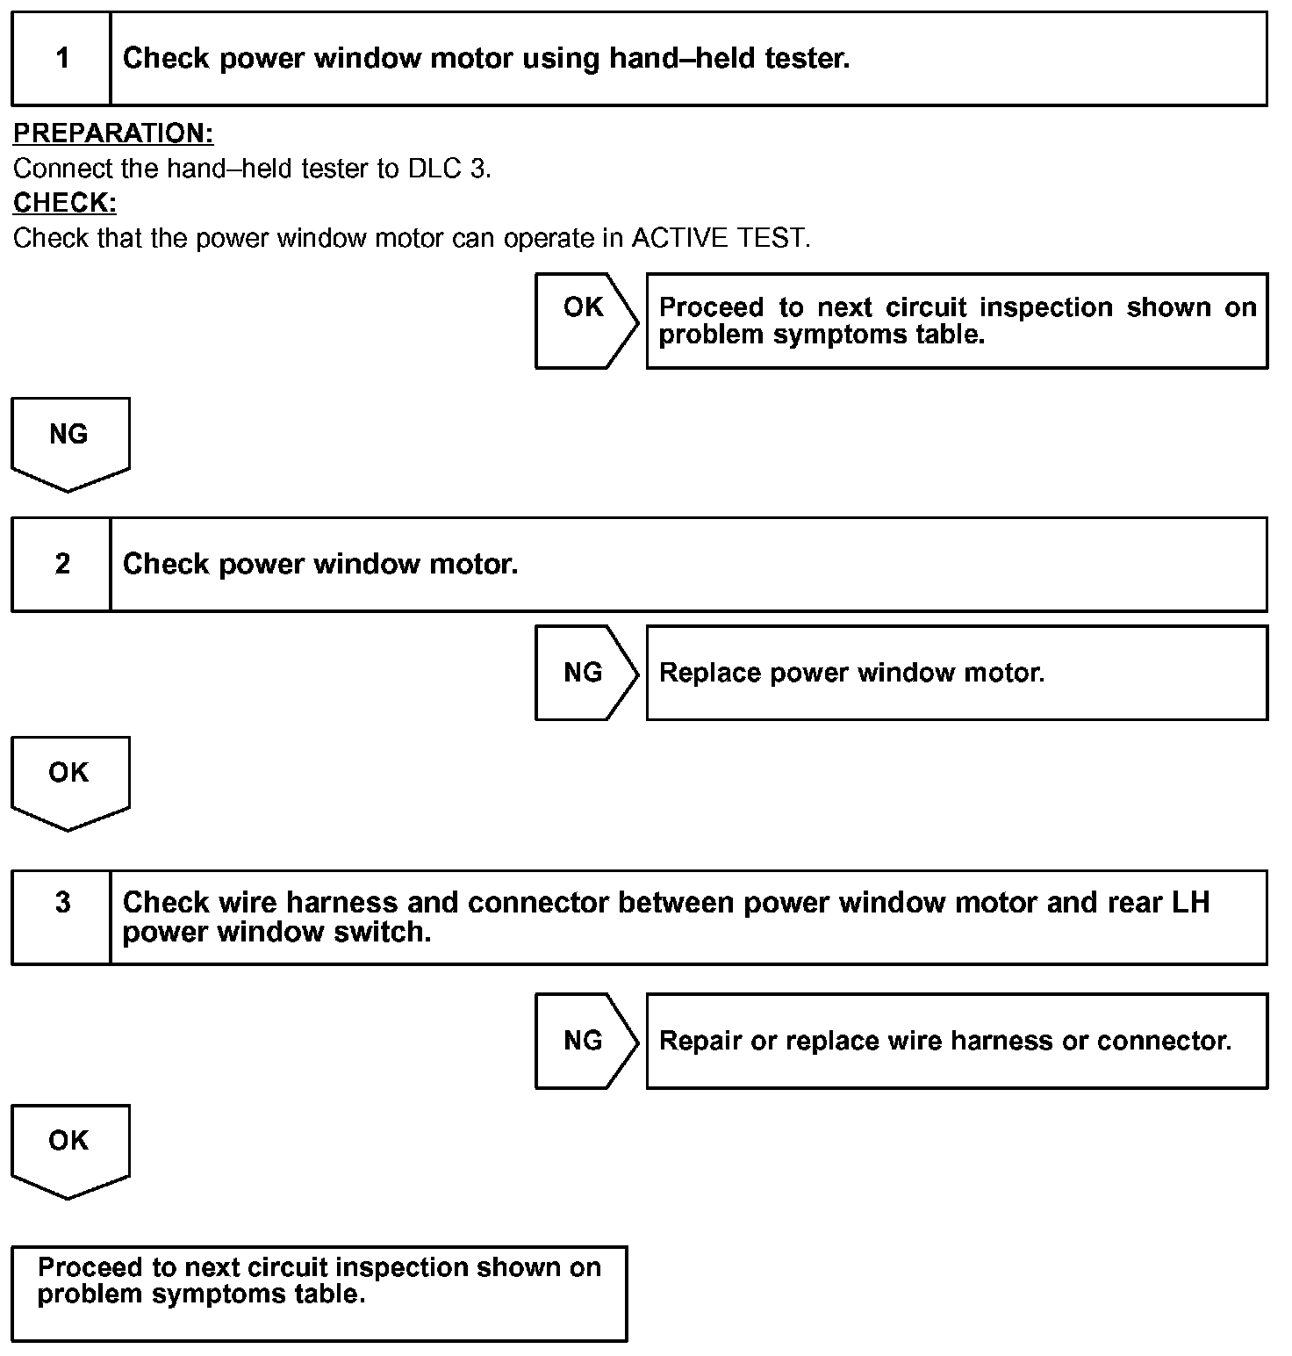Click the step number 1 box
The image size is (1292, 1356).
[x=61, y=59]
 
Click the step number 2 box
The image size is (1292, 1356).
[x=61, y=564]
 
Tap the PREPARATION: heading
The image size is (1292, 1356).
[x=113, y=133]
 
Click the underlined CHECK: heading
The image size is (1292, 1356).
[x=65, y=203]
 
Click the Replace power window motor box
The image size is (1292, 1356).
[x=956, y=673]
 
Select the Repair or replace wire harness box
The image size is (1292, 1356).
[x=956, y=1041]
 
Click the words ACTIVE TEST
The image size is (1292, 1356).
[x=719, y=238]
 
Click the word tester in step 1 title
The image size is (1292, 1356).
[x=807, y=59]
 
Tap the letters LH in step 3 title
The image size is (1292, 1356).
[x=1190, y=903]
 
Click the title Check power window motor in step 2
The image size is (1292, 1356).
[x=320, y=564]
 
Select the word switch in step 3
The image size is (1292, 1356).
[x=382, y=932]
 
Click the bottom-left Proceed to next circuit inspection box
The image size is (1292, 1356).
[x=319, y=1293]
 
